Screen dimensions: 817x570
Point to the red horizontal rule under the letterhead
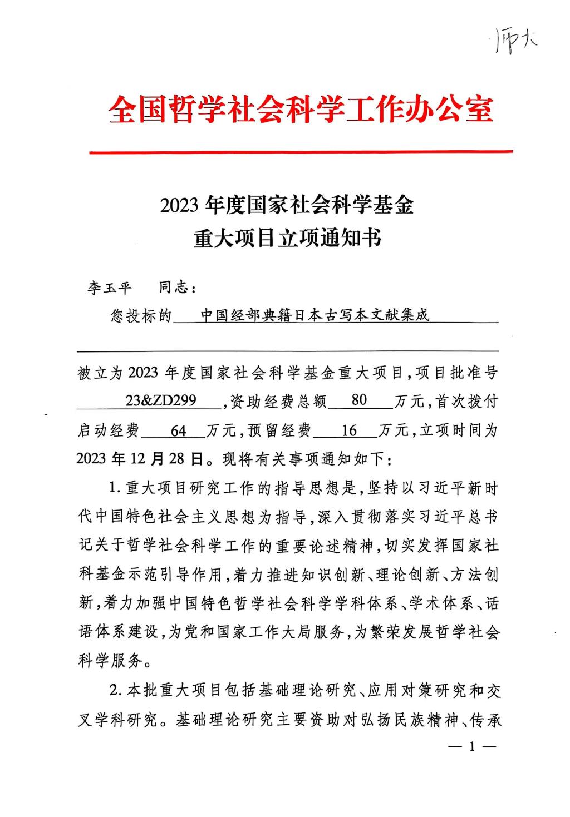tap(301, 151)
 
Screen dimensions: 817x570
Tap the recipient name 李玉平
tap(109, 288)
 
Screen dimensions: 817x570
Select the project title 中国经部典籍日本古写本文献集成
tap(315, 315)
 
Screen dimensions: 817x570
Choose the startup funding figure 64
tap(179, 430)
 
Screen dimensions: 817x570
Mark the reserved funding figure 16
tap(348, 430)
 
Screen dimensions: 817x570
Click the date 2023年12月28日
tap(139, 459)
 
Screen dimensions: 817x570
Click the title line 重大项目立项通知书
tap(287, 238)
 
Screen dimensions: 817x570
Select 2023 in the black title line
tap(179, 206)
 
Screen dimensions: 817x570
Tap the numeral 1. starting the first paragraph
tap(115, 488)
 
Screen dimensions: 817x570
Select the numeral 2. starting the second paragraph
tap(115, 691)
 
